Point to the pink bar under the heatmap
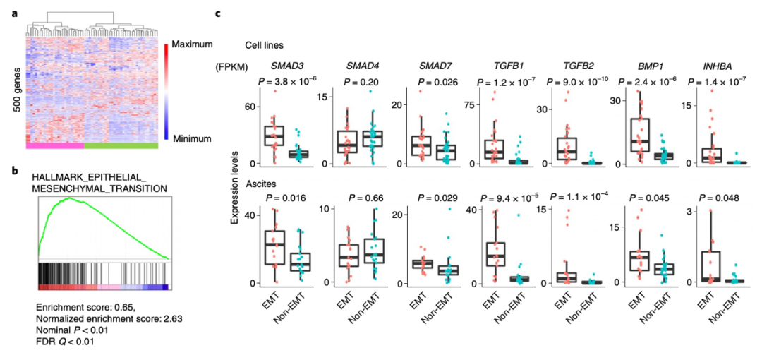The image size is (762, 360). [54, 145]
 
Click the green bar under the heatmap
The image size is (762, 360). [121, 145]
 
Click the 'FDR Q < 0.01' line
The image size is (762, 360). [66, 342]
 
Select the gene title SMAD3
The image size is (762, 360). [277, 66]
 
